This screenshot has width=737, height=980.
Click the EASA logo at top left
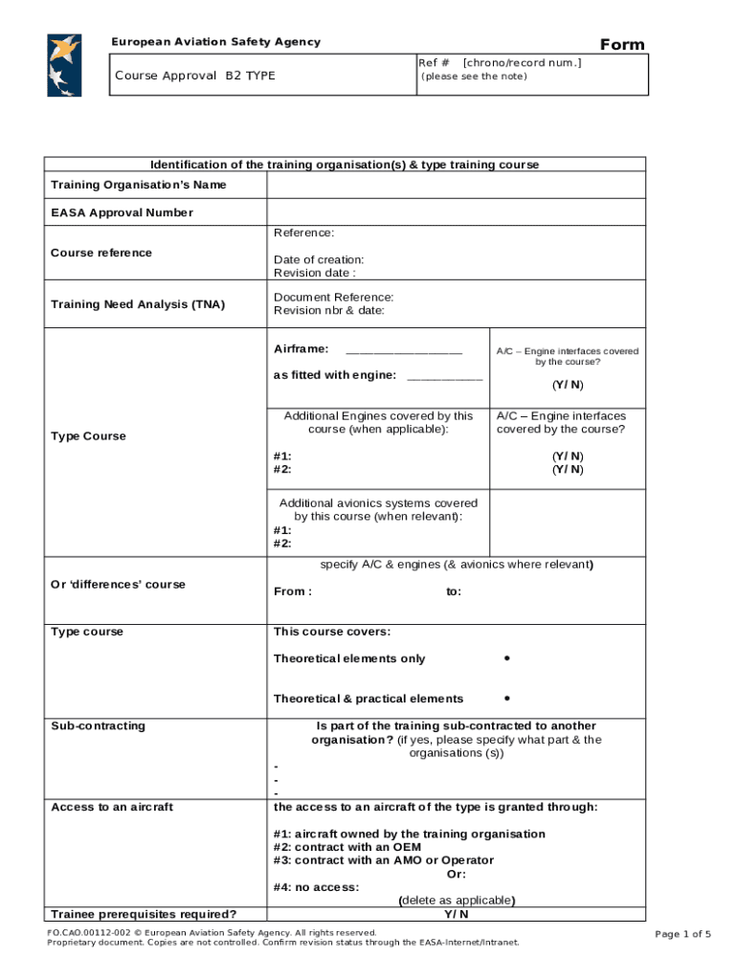64,65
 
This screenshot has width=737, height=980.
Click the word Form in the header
622,45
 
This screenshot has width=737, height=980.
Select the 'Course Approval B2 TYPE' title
194,76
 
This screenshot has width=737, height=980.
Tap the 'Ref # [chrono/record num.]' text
500,62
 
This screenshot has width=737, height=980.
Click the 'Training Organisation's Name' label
139,185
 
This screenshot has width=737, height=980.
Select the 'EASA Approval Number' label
122,212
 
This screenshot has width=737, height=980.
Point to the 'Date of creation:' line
319,259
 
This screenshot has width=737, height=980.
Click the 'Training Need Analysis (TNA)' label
138,304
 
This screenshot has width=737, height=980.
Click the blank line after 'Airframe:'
404,350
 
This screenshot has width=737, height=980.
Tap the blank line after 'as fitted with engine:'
445,376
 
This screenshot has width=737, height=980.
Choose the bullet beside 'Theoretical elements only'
505,658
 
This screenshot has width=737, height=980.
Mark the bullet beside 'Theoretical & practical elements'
505,699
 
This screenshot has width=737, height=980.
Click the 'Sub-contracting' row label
99,725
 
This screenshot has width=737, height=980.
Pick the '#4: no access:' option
317,887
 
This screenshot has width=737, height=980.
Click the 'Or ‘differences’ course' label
119,585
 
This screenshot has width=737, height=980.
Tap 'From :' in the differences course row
292,591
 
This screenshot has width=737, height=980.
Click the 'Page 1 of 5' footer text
682,934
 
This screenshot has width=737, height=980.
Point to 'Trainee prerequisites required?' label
144,913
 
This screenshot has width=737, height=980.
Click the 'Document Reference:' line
333,298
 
